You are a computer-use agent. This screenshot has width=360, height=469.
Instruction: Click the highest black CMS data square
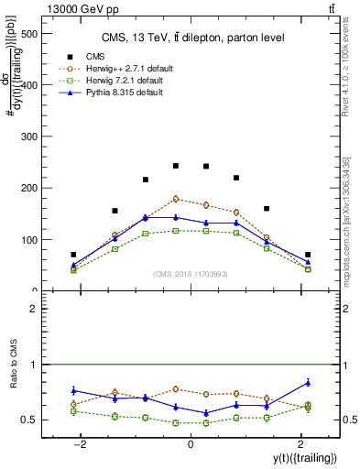[x=176, y=166]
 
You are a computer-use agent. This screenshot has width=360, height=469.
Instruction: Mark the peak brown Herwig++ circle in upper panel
[x=176, y=199]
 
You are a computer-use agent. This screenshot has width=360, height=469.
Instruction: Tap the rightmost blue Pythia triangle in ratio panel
[x=308, y=382]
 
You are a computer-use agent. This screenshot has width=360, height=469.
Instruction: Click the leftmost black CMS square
[x=73, y=255]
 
